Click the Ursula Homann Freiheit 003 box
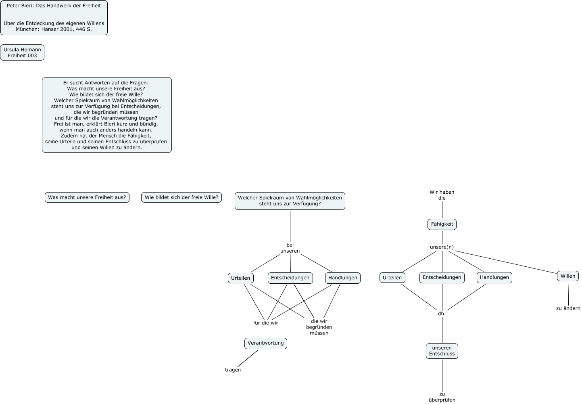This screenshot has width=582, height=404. (22, 52)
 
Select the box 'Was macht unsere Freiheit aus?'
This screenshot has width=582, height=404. (87, 197)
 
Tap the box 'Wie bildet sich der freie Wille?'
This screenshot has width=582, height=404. (181, 197)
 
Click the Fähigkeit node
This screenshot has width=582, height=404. (442, 224)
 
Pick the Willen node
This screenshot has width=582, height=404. (568, 276)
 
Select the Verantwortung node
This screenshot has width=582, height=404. (265, 343)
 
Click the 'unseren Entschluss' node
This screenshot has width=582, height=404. (442, 351)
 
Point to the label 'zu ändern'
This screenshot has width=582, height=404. (568, 309)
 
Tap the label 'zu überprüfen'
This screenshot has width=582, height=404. (442, 397)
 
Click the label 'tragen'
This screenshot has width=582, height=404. (233, 370)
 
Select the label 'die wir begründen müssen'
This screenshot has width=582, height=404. (319, 327)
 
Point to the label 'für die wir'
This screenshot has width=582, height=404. (265, 323)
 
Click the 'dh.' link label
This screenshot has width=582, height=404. (442, 314)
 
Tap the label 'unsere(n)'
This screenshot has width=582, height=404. (442, 247)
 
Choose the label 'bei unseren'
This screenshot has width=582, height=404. (290, 248)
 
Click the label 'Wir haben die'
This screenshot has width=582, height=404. (442, 195)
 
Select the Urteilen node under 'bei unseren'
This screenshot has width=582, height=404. (241, 278)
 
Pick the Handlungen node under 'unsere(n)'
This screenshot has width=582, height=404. (494, 277)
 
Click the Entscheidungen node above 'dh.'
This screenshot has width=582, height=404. (442, 277)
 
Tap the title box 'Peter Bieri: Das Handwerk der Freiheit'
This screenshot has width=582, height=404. (54, 18)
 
